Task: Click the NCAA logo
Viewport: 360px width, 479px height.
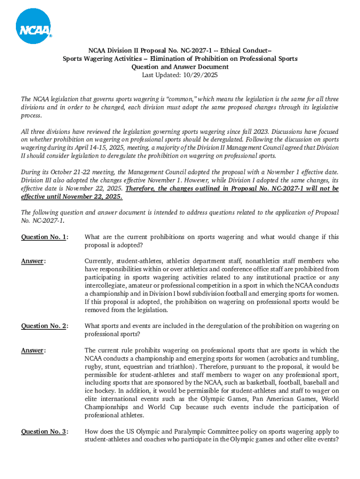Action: (x=33, y=27)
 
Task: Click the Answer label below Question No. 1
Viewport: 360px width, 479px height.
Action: (x=32, y=261)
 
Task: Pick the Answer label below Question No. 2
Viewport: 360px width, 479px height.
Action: (x=32, y=350)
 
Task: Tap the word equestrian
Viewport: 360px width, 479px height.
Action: (x=135, y=366)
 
